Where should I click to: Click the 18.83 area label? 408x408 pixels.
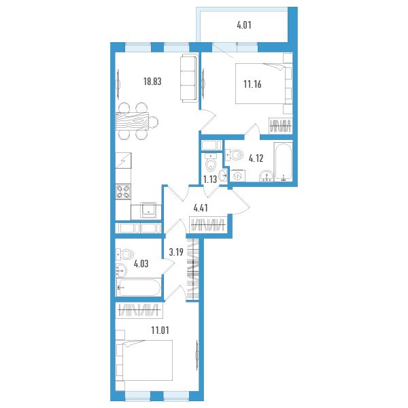[152, 82]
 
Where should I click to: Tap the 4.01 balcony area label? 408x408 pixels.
[244, 25]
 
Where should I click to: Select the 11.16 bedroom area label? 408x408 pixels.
[252, 84]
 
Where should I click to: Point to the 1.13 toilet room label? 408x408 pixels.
[210, 180]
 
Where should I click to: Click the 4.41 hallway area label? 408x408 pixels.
[201, 208]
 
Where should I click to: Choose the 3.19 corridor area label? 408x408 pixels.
[176, 252]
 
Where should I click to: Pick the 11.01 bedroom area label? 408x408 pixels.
[160, 330]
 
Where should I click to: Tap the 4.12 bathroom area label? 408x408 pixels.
[256, 158]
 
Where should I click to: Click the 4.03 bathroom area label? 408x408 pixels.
[141, 264]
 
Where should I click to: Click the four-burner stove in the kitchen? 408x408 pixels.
[123, 192]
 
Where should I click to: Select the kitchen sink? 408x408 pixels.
[148, 210]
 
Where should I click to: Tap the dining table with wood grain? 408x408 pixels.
[132, 121]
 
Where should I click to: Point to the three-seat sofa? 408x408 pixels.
[188, 78]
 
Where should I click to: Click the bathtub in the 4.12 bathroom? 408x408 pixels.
[283, 161]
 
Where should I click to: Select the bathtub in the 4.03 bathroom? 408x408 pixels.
[138, 287]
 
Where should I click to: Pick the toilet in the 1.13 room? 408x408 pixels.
[211, 162]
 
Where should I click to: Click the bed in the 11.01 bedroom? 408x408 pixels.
[144, 360]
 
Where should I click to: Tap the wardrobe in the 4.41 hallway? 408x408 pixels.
[208, 224]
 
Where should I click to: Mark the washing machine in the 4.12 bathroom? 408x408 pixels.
[237, 175]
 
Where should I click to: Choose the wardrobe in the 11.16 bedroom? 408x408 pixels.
[280, 126]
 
